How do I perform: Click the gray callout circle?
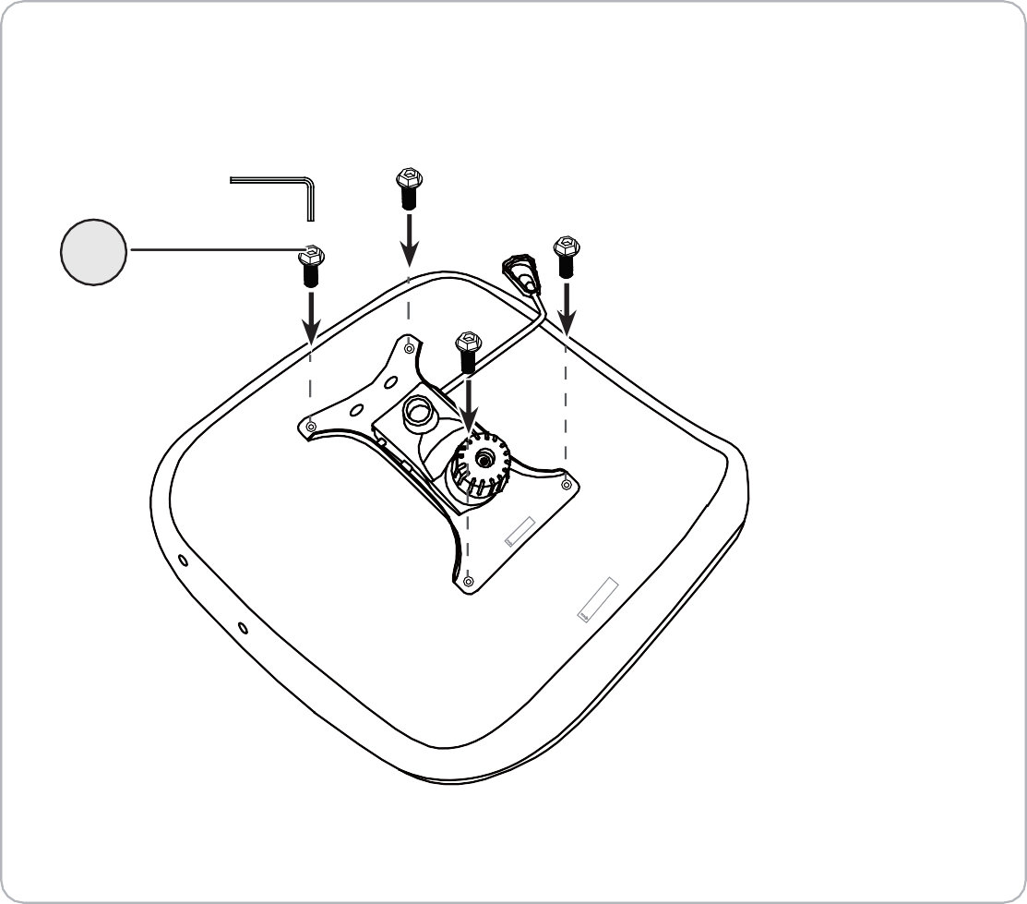coord(93,251)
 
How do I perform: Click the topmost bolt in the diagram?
coord(408,185)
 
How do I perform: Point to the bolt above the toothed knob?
coord(468,351)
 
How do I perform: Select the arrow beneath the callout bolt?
coord(311,314)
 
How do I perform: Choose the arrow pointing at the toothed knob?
coord(471,406)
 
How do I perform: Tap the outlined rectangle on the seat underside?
coord(598,599)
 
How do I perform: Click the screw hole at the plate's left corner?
coord(311,426)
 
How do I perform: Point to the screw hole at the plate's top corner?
coord(409,348)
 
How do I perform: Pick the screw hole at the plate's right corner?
coord(566,483)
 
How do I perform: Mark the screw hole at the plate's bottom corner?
coord(469,583)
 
